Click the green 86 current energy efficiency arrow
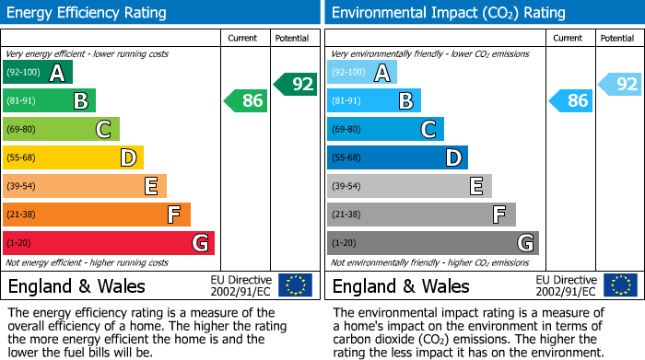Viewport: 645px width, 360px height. tap(247, 100)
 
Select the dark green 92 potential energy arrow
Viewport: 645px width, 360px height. tap(295, 84)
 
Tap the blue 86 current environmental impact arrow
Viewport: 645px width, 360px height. tap(571, 100)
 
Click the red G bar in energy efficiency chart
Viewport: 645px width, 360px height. tap(108, 243)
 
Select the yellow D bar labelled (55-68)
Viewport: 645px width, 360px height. tap(73, 157)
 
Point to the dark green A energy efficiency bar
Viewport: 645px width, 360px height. tap(38, 72)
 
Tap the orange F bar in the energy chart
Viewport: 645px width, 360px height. tap(96, 215)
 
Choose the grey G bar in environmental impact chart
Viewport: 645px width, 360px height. tap(432, 243)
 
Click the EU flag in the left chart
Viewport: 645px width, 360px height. tap(295, 285)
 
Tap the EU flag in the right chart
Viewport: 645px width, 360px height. tap(619, 285)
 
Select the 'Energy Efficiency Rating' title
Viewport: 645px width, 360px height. tap(88, 13)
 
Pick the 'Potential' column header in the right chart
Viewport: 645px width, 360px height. tap(617, 38)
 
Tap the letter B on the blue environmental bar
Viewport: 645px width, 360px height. tap(405, 101)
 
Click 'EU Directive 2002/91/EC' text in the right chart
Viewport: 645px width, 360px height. tap(566, 285)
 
